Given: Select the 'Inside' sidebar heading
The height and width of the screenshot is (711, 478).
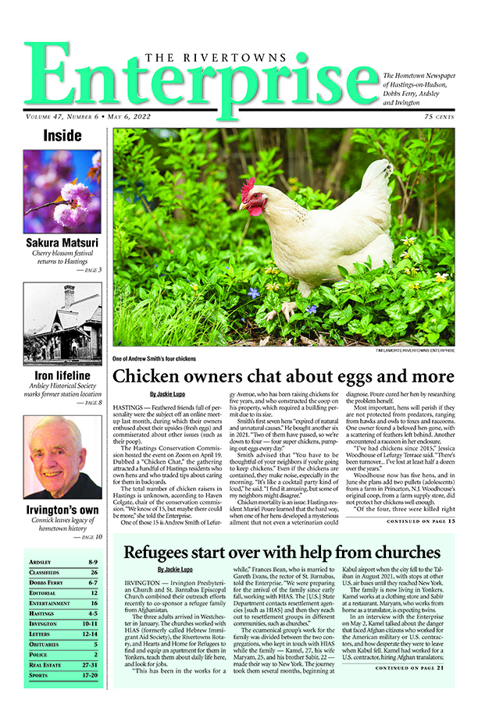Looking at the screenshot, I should click(x=62, y=136).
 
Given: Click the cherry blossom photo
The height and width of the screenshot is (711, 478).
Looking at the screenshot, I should click(x=62, y=191).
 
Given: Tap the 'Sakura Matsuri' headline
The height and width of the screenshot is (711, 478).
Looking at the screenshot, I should click(x=62, y=243).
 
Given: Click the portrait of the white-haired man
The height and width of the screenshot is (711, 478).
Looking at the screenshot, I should click(x=62, y=457).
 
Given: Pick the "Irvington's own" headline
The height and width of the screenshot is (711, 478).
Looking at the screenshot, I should click(x=62, y=510).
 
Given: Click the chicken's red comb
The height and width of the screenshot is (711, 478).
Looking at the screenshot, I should click(x=248, y=187).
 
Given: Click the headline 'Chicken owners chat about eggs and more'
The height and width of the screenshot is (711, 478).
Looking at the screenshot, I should click(x=284, y=375).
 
